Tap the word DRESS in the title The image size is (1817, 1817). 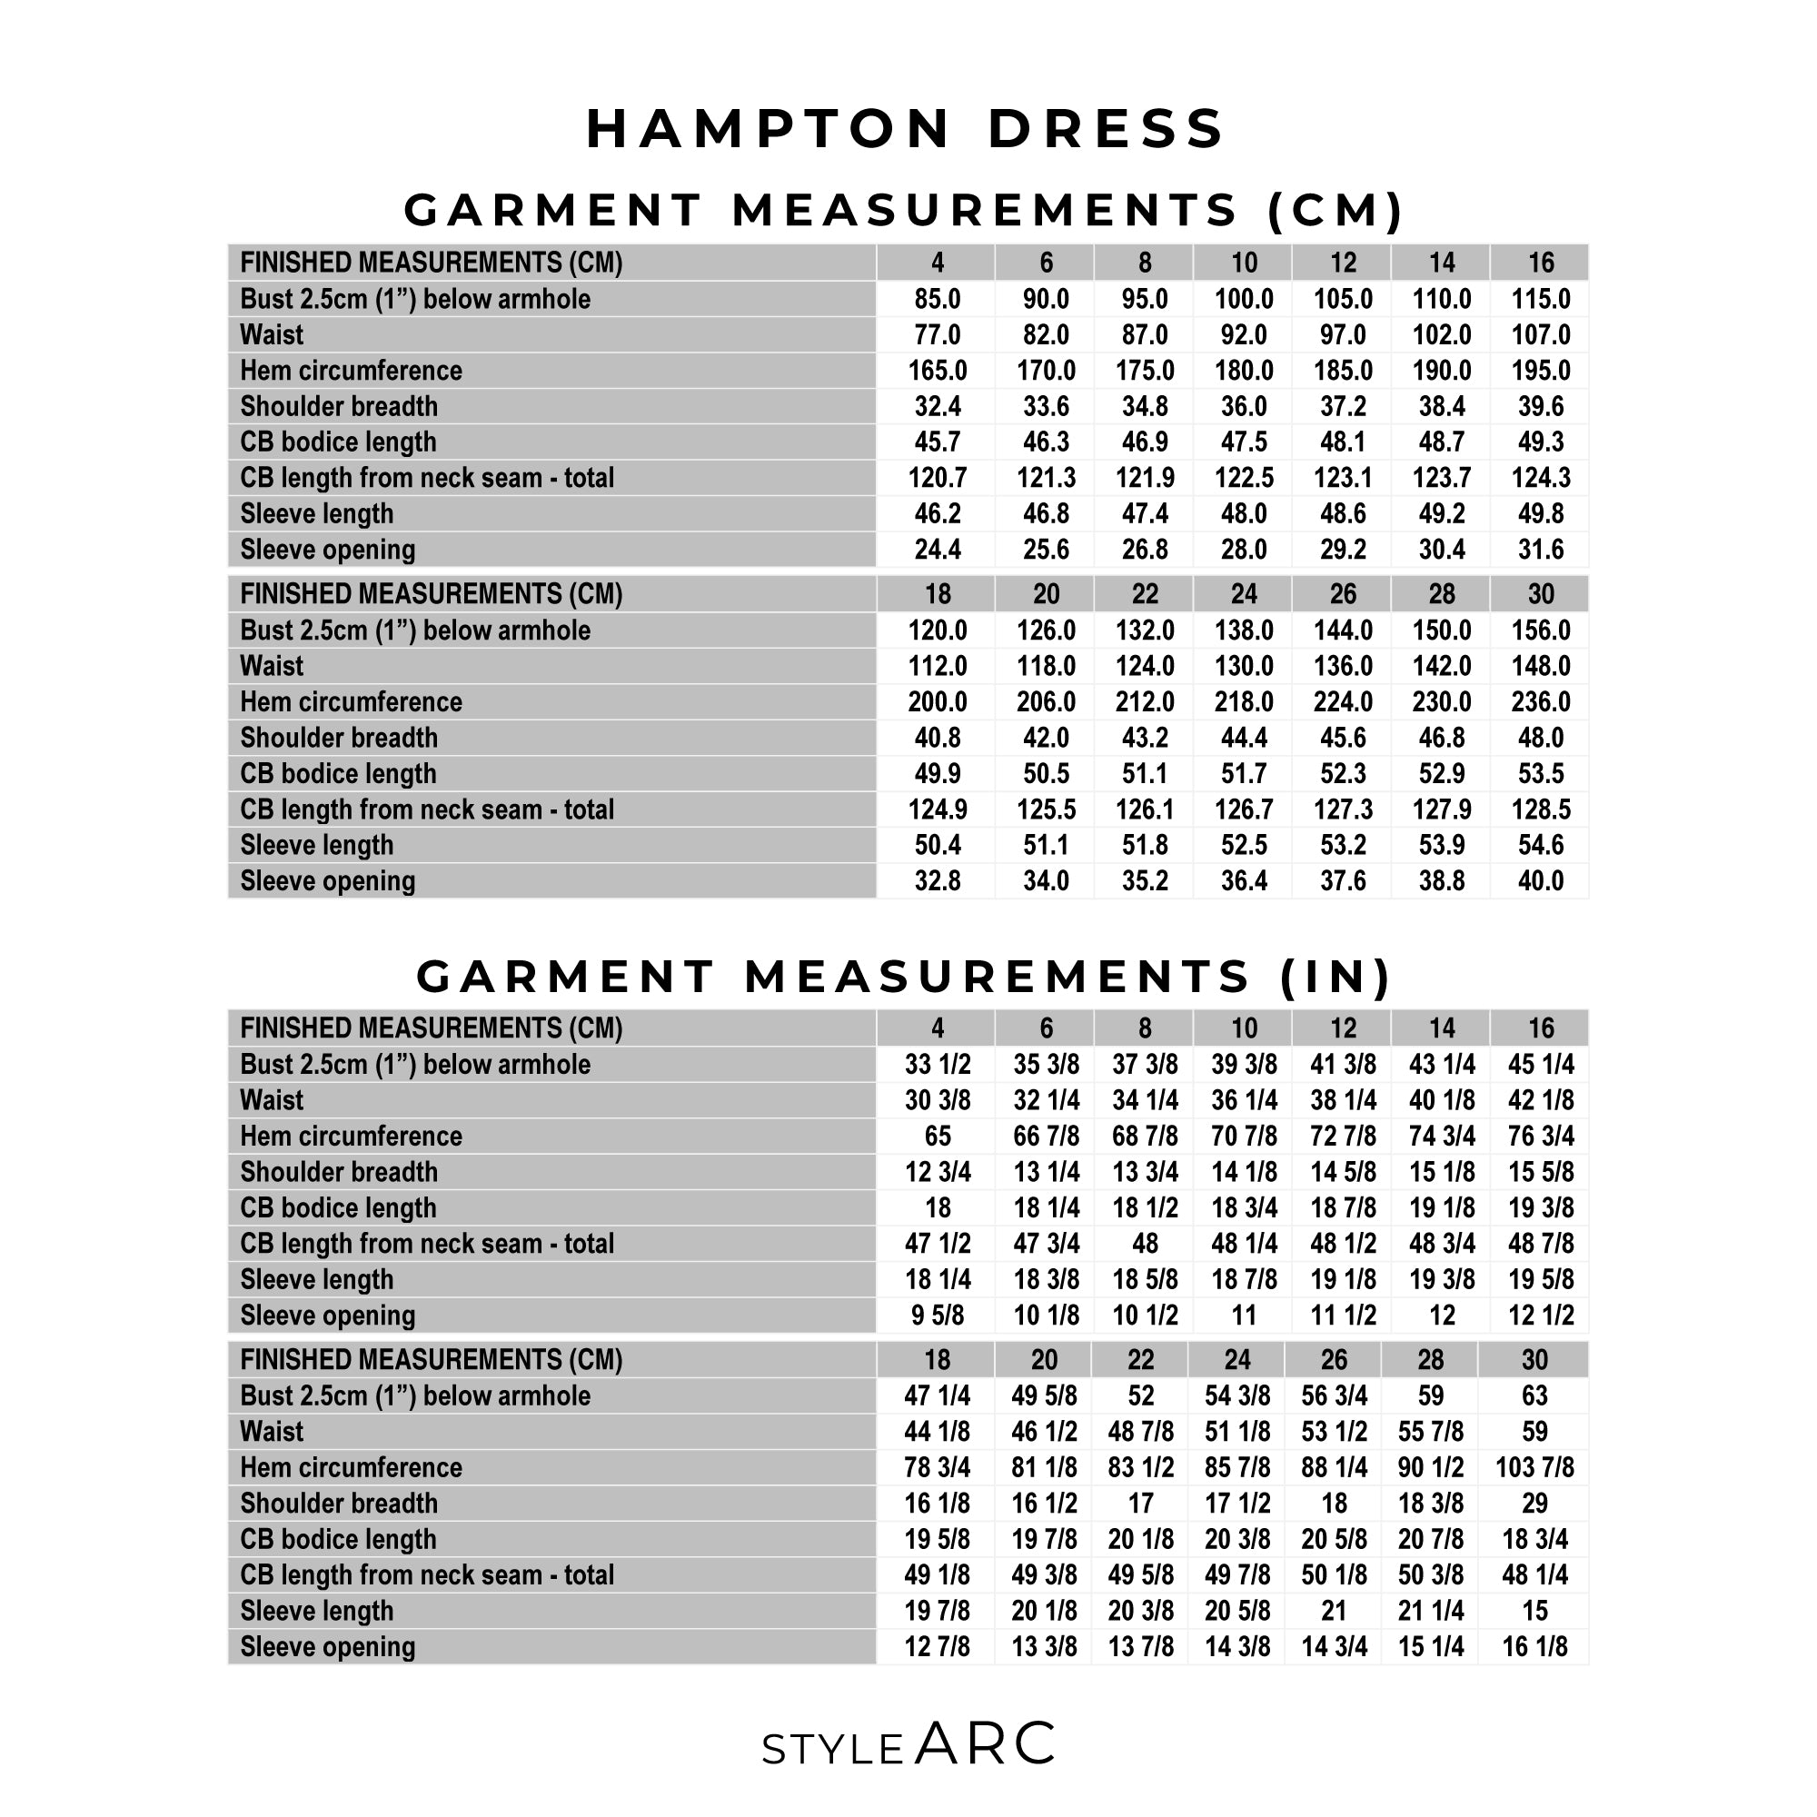(1106, 128)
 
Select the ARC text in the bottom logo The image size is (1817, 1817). (985, 1744)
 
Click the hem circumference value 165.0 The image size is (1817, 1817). (937, 371)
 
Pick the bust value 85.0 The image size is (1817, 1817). (937, 299)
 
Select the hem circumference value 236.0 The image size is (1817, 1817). (1541, 701)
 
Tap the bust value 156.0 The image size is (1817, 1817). (1541, 630)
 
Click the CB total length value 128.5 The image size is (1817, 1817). (1541, 809)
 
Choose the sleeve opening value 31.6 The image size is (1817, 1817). (1541, 550)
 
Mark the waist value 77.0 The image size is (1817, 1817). (937, 335)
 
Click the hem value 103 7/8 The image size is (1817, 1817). (1534, 1467)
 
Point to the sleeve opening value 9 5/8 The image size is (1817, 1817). (937, 1315)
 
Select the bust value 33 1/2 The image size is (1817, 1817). (937, 1065)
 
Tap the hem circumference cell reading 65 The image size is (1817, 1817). (937, 1137)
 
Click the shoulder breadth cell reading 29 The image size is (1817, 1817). (1534, 1503)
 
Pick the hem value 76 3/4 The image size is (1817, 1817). (1541, 1137)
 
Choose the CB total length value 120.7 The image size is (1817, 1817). (937, 478)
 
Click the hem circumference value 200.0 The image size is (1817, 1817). (937, 701)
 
